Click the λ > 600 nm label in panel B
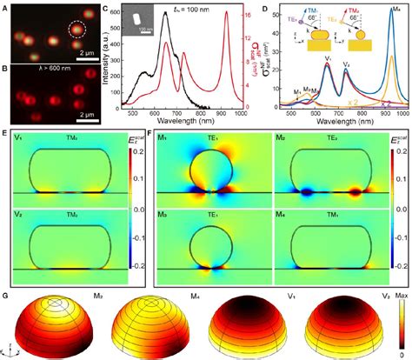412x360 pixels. [36, 72]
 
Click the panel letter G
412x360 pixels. [6, 297]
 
